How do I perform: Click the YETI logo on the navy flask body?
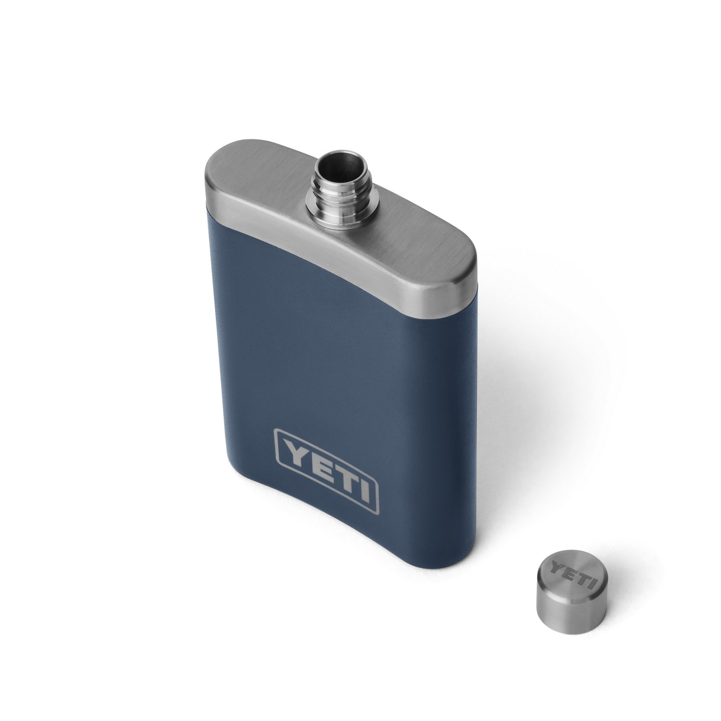326,464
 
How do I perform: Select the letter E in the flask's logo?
317,459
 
